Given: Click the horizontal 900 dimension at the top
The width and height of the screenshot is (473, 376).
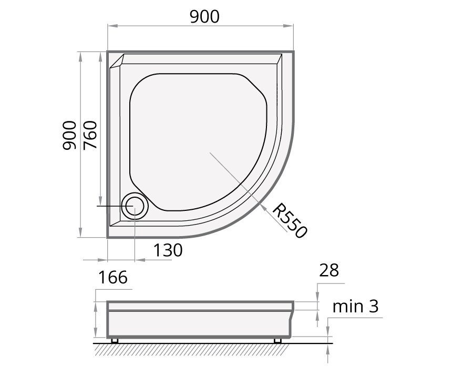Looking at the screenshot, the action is click(204, 17).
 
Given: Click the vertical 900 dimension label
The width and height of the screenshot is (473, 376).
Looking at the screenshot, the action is click(69, 135).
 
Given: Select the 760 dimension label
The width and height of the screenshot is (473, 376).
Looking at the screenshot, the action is click(90, 135).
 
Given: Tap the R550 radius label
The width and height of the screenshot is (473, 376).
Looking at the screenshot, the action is click(290, 220).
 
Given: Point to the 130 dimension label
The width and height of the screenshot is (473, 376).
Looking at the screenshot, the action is click(168, 250).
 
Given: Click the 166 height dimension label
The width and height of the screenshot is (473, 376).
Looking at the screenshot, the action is click(113, 277).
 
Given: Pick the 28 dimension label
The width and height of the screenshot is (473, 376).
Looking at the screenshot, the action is click(329, 270).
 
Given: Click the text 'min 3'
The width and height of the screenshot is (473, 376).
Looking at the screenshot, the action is click(355, 306).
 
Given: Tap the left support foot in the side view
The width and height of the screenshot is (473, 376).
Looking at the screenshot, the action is click(115, 341).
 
